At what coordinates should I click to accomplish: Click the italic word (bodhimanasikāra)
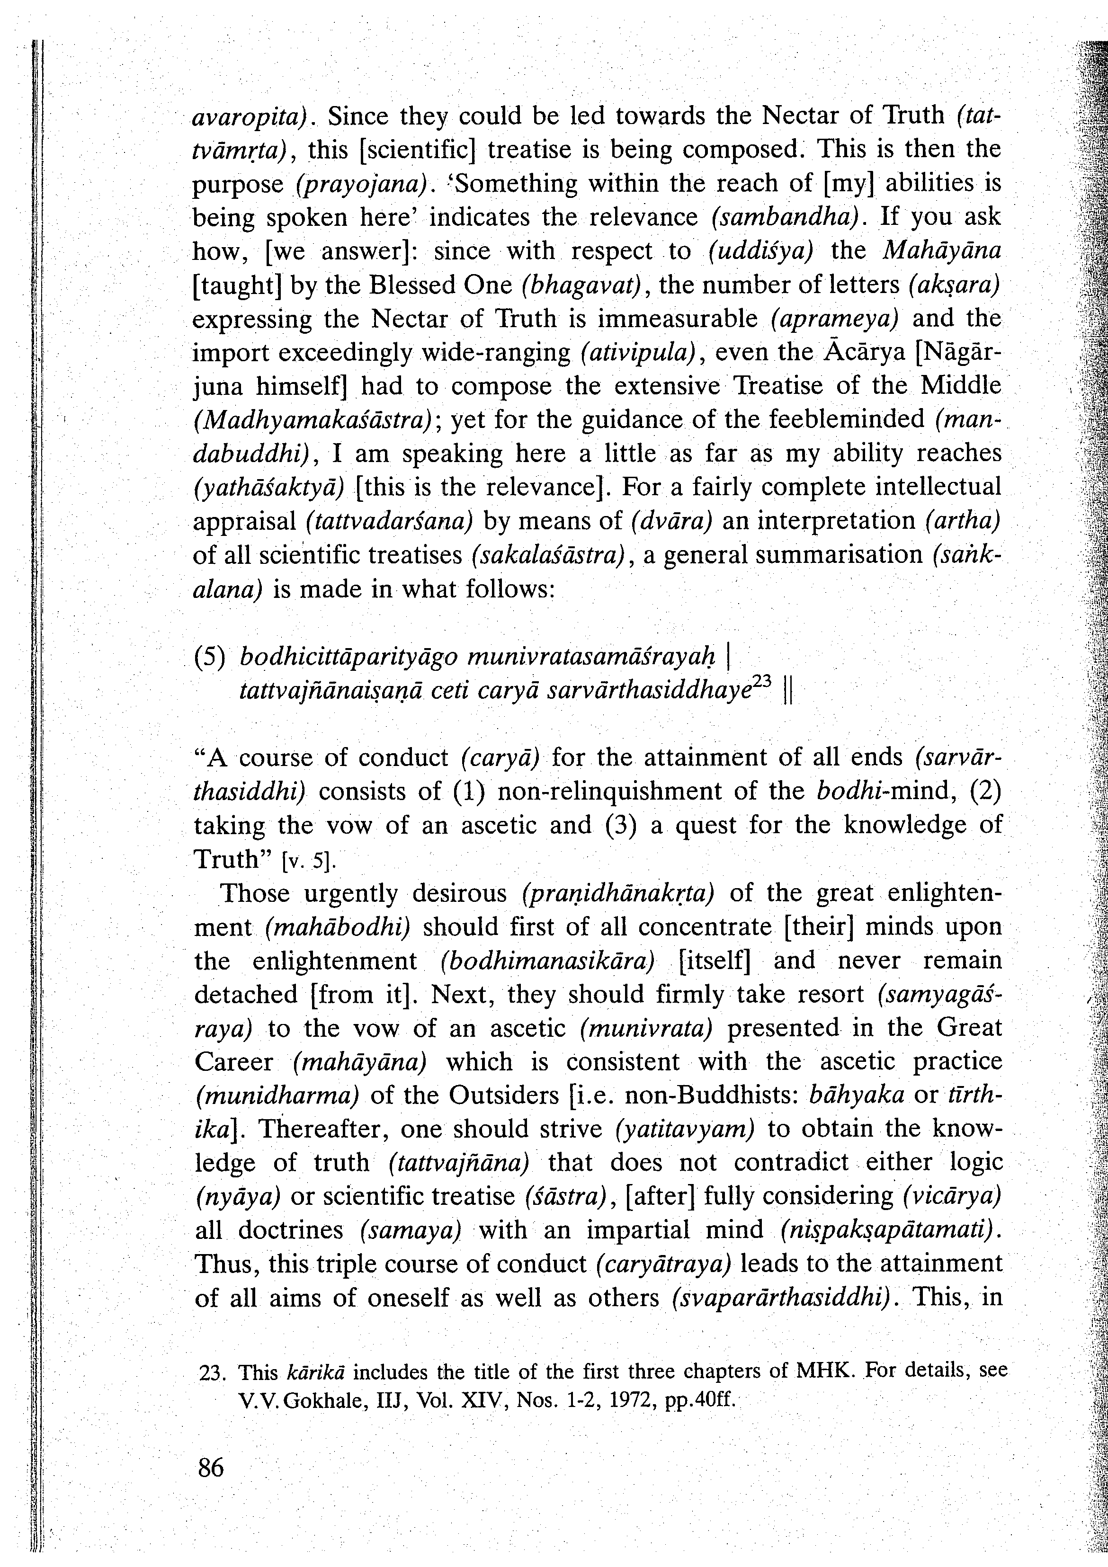548,961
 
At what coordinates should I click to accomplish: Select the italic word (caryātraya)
663,1264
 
